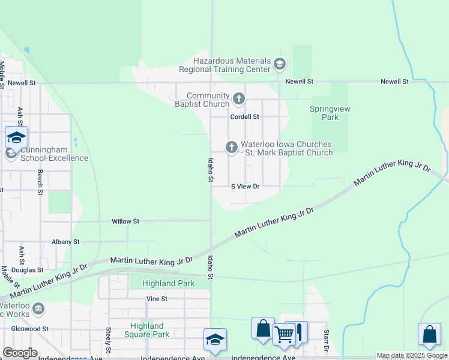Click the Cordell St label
coord(245,116)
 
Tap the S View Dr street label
coord(245,186)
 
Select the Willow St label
coord(125,221)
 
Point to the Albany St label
coord(65,242)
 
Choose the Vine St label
coord(156,298)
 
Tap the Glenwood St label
coord(29,329)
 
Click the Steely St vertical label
coord(109,340)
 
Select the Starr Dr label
coord(327,340)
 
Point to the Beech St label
coord(40,182)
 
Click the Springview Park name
coord(330,113)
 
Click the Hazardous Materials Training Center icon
coord(279,64)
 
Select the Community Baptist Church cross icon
coord(238,98)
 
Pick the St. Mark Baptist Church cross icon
coord(232,147)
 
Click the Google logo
coord(20,353)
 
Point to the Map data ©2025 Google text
coord(412,356)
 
